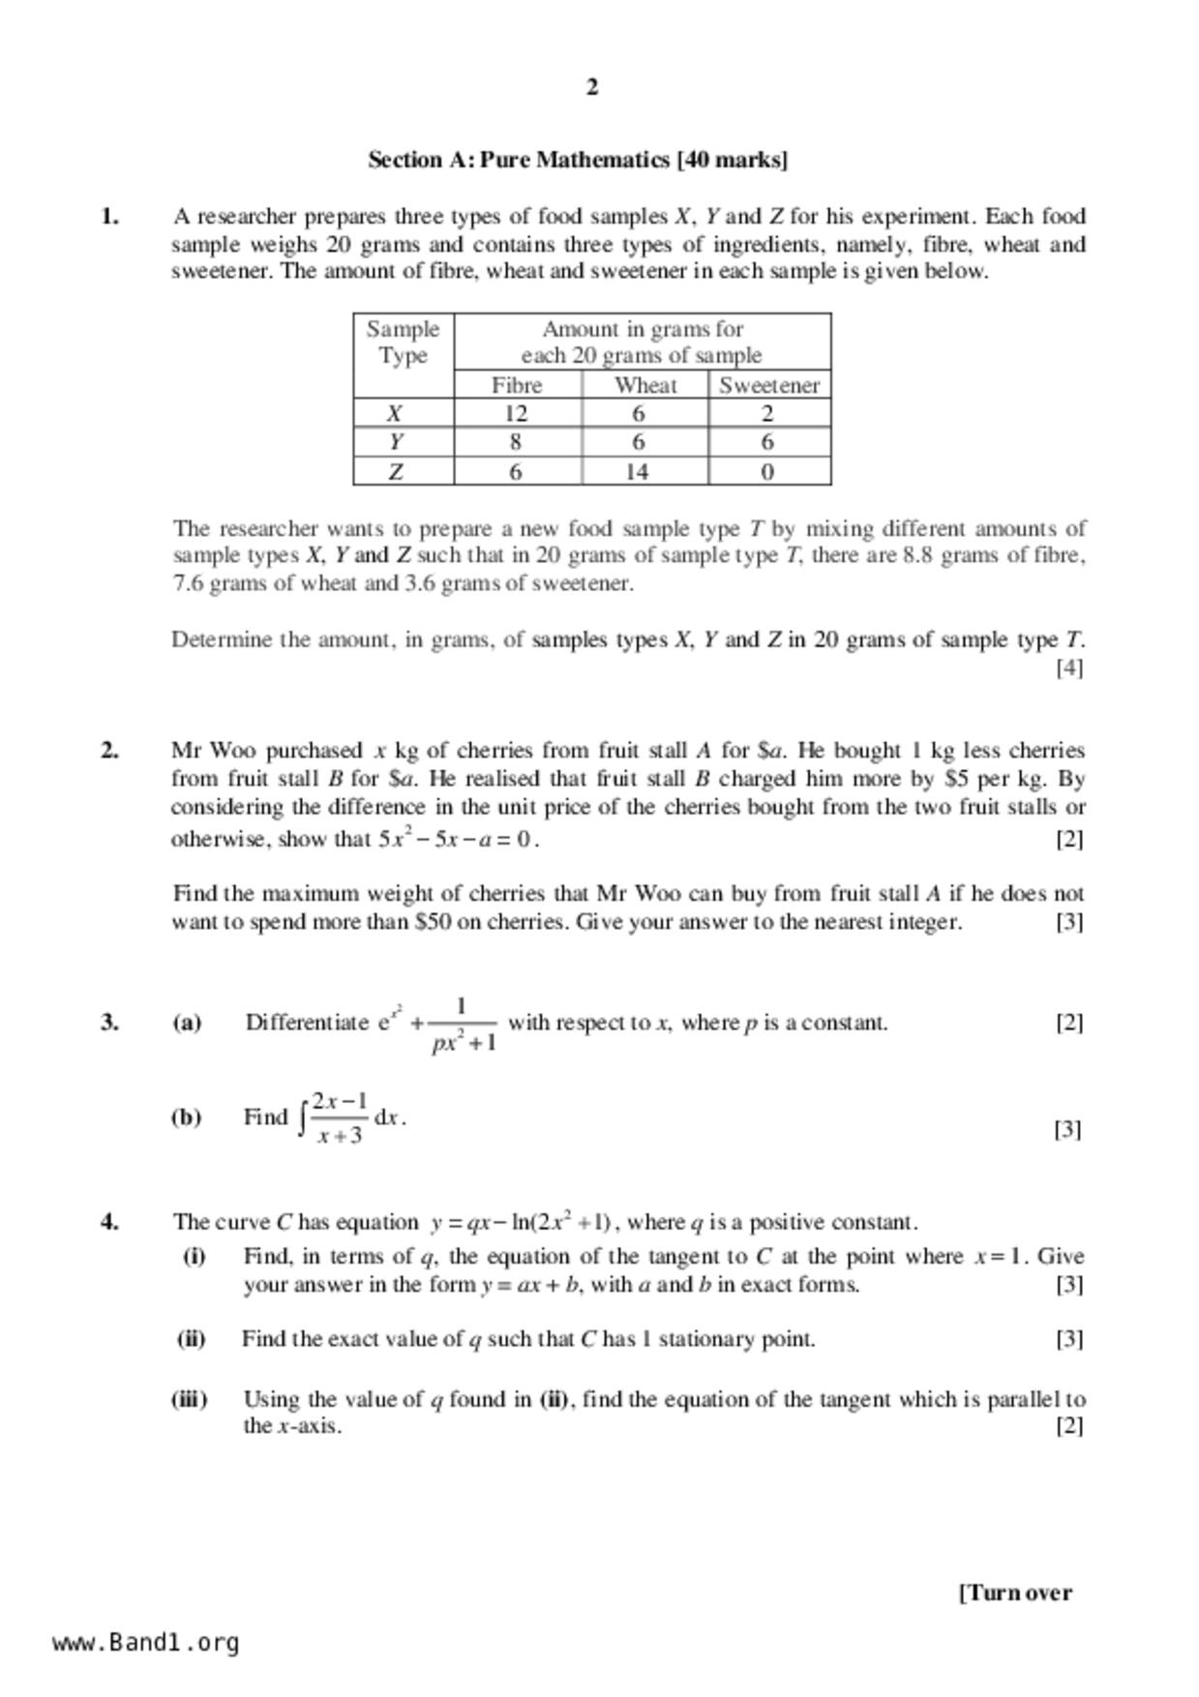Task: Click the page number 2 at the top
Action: (592, 87)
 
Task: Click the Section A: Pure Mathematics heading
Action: (578, 160)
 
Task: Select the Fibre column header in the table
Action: (517, 385)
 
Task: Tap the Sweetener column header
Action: (769, 385)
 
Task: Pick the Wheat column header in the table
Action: (645, 385)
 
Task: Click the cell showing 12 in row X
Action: (516, 414)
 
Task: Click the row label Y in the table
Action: (396, 443)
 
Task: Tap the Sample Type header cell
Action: (403, 342)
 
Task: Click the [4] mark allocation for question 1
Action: (1069, 668)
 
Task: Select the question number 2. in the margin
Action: (110, 750)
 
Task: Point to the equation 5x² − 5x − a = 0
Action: (456, 839)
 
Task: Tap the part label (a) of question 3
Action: (187, 1023)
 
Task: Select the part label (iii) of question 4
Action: (190, 1399)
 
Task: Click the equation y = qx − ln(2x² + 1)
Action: (522, 1222)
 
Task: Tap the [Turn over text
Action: (1015, 1593)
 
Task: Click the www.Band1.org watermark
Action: (146, 1643)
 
